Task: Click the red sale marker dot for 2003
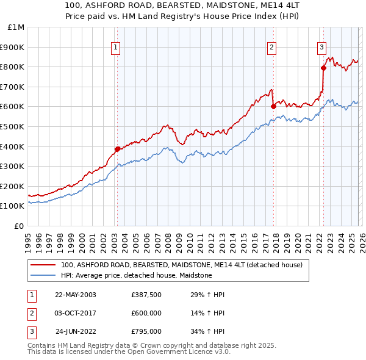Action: pyautogui.click(x=117, y=148)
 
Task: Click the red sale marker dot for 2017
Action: pyautogui.click(x=273, y=106)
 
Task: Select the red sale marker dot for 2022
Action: pyautogui.click(x=323, y=68)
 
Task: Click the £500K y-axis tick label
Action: pyautogui.click(x=13, y=126)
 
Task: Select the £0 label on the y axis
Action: pyautogui.click(x=19, y=226)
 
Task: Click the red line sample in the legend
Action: pyautogui.click(x=43, y=265)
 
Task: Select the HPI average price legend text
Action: pyautogui.click(x=136, y=275)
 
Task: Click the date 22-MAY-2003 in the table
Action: pyautogui.click(x=75, y=295)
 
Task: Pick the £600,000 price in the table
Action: pyautogui.click(x=146, y=313)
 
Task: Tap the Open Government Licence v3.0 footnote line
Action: pyautogui.click(x=129, y=353)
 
